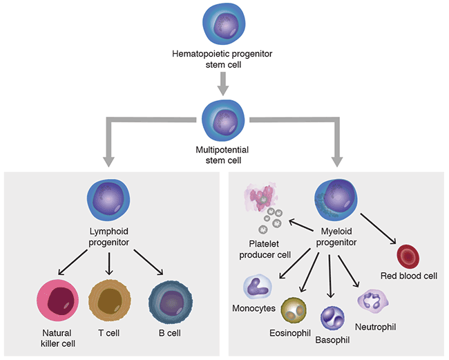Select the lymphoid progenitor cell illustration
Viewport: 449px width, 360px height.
(110, 200)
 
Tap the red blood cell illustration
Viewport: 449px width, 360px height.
(408, 256)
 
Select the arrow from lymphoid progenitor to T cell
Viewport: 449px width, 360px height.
(110, 263)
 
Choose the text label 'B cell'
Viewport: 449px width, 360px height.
(169, 333)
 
